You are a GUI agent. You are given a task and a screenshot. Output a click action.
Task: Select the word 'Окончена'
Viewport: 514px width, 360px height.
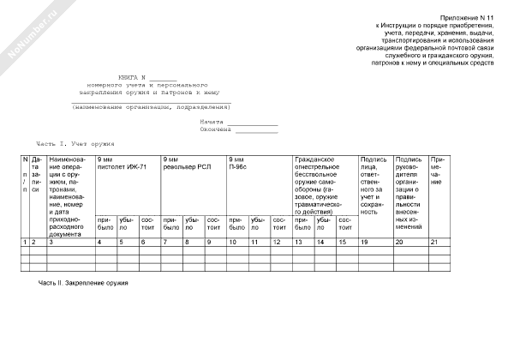pos(215,131)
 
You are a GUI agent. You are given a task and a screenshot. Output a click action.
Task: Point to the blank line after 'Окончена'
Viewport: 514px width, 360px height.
pos(257,132)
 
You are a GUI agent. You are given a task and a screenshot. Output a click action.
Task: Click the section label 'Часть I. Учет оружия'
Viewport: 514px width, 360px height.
pos(75,144)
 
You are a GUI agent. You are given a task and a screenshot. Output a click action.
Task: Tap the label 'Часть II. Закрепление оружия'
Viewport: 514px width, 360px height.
pos(82,282)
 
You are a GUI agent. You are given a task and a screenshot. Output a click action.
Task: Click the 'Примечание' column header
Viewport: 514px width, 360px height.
pos(437,171)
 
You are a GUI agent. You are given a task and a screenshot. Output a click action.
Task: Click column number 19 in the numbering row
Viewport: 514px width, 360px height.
pos(365,243)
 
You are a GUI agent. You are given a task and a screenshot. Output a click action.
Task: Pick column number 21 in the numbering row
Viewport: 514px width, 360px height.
pos(434,243)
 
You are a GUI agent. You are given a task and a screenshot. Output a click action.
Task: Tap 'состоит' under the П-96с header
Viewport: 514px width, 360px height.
pos(279,224)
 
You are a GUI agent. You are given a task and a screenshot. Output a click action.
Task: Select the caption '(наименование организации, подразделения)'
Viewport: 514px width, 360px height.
pos(152,107)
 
